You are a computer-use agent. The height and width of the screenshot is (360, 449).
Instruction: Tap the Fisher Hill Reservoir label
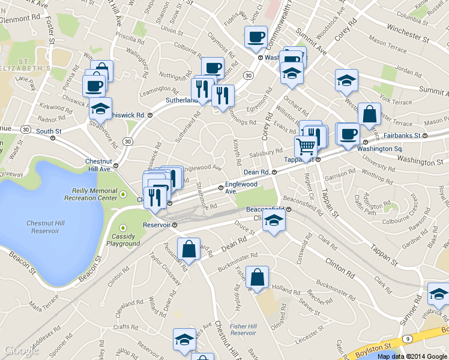coord(243,329)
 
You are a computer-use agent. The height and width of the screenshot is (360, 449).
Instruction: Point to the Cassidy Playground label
coord(123,239)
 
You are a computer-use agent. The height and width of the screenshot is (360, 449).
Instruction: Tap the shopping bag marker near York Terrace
coord(369,113)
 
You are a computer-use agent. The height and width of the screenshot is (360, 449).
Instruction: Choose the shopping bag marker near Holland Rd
coord(257,277)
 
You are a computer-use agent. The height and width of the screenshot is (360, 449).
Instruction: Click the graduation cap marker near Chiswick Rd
coord(100,109)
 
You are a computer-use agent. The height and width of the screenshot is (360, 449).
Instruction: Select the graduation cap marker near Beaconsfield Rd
coord(274,220)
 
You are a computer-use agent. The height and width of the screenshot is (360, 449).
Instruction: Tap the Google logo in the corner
coord(21,351)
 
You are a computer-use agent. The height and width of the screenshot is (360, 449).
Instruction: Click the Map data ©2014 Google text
coord(412,356)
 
